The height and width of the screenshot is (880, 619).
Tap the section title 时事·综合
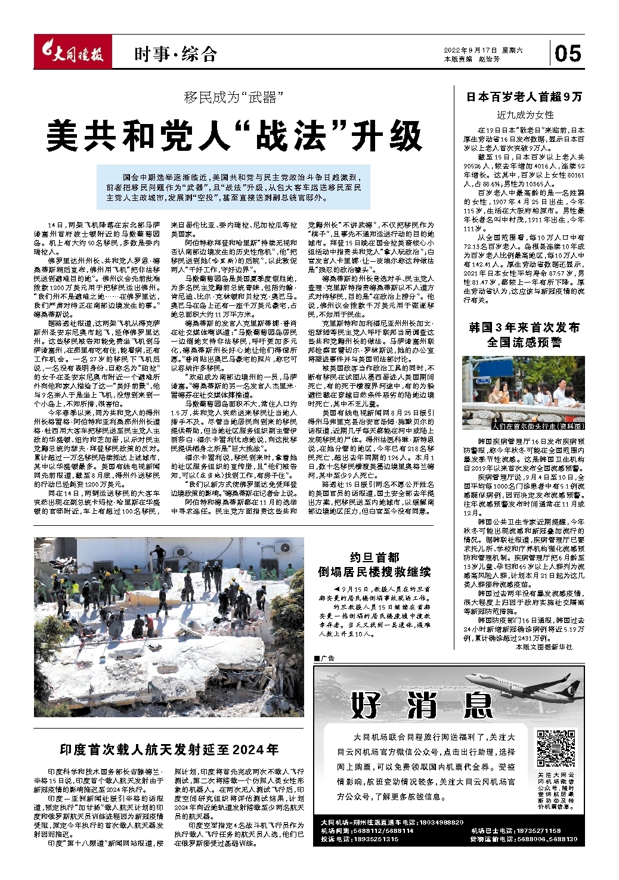(x=175, y=55)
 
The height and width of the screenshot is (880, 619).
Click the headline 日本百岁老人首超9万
(x=524, y=97)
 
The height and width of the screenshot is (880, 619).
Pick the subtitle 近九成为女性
(x=525, y=114)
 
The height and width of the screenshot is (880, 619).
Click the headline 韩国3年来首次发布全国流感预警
(x=524, y=335)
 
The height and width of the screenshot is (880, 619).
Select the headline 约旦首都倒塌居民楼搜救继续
(x=374, y=565)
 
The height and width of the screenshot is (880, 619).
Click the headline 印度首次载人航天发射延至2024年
(x=169, y=749)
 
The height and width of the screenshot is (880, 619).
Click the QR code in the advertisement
(x=556, y=748)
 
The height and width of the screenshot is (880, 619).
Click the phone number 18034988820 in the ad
(x=441, y=822)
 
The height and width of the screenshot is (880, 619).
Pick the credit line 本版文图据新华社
(x=543, y=646)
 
